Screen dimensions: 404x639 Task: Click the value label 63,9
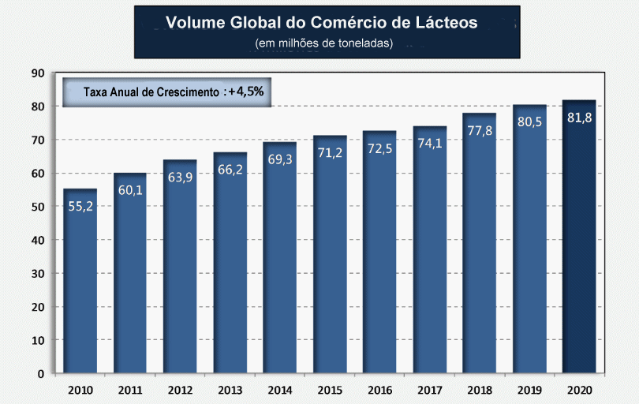(180, 177)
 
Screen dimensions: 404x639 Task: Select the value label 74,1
(429, 143)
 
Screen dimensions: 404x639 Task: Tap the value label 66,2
(230, 169)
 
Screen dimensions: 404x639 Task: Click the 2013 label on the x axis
(230, 390)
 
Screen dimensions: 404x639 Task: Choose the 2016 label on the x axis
(379, 390)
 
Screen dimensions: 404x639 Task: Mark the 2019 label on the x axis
(529, 390)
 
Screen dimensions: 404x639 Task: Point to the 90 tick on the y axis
(36, 73)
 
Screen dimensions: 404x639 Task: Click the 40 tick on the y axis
(36, 240)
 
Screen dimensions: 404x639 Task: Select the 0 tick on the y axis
(40, 373)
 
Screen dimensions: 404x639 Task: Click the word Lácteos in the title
(447, 22)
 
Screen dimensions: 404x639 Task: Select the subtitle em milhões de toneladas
(324, 43)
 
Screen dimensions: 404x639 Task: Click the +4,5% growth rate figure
(245, 92)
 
